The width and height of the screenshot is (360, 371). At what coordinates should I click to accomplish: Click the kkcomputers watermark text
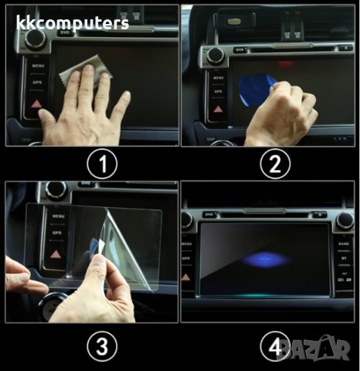(x=73, y=24)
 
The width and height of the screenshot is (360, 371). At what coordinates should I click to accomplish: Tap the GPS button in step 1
(x=36, y=81)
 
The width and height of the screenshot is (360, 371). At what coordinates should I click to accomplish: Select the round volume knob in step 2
(x=215, y=55)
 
